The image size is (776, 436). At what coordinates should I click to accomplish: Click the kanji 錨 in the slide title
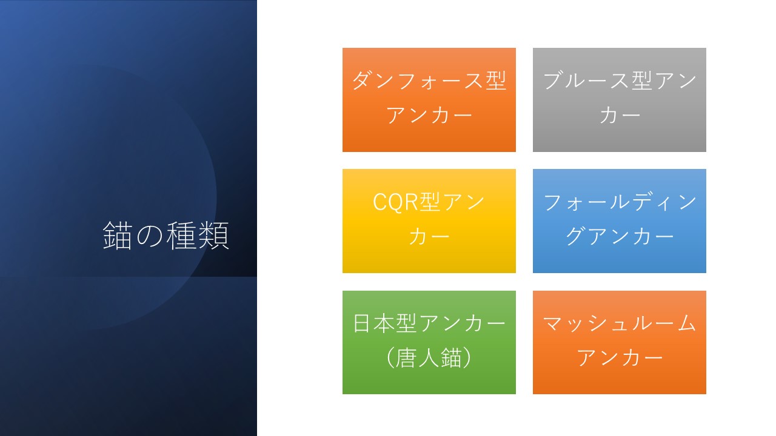click(x=118, y=236)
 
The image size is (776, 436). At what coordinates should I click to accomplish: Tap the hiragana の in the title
click(x=150, y=236)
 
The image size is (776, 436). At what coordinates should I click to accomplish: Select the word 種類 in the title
click(x=198, y=236)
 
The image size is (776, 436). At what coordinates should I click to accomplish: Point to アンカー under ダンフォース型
click(x=429, y=115)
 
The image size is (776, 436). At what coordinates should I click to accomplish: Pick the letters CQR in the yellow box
click(x=396, y=202)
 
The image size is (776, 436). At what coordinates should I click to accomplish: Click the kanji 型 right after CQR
click(x=430, y=202)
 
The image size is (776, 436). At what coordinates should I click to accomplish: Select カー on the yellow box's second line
click(x=429, y=237)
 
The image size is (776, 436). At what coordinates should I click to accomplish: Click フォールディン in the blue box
click(x=620, y=202)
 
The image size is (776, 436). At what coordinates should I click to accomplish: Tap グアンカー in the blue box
click(x=620, y=237)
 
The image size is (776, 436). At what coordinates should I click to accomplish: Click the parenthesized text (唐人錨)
click(x=429, y=357)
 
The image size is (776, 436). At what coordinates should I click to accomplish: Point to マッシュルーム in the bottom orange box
click(x=620, y=323)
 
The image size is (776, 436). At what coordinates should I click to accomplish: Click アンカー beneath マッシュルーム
click(x=620, y=358)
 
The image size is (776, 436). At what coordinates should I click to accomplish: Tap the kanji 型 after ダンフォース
click(x=496, y=81)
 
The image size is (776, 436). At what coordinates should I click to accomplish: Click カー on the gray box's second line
click(x=620, y=115)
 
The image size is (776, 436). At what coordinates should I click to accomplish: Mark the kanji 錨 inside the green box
click(x=451, y=357)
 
